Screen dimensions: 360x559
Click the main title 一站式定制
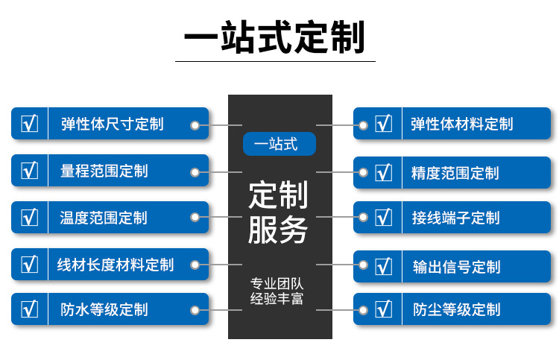275,37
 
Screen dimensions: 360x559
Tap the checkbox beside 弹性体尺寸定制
30,124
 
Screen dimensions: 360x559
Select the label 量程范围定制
104,171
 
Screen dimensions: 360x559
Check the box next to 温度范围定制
30,218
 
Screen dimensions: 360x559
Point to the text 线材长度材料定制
116,264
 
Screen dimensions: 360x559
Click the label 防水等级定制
104,309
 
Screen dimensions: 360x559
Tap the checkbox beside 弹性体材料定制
383,124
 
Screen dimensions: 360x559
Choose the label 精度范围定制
455,173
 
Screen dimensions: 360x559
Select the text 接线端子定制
455,218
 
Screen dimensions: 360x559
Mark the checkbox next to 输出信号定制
383,266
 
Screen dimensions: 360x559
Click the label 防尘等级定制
456,309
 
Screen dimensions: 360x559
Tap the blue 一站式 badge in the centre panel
279,144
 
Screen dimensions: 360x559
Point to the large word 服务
279,230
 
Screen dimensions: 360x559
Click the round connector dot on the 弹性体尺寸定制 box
195,125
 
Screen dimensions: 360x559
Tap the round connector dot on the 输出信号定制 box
364,265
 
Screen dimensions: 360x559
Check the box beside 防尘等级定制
383,309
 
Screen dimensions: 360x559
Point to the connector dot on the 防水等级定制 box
195,309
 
